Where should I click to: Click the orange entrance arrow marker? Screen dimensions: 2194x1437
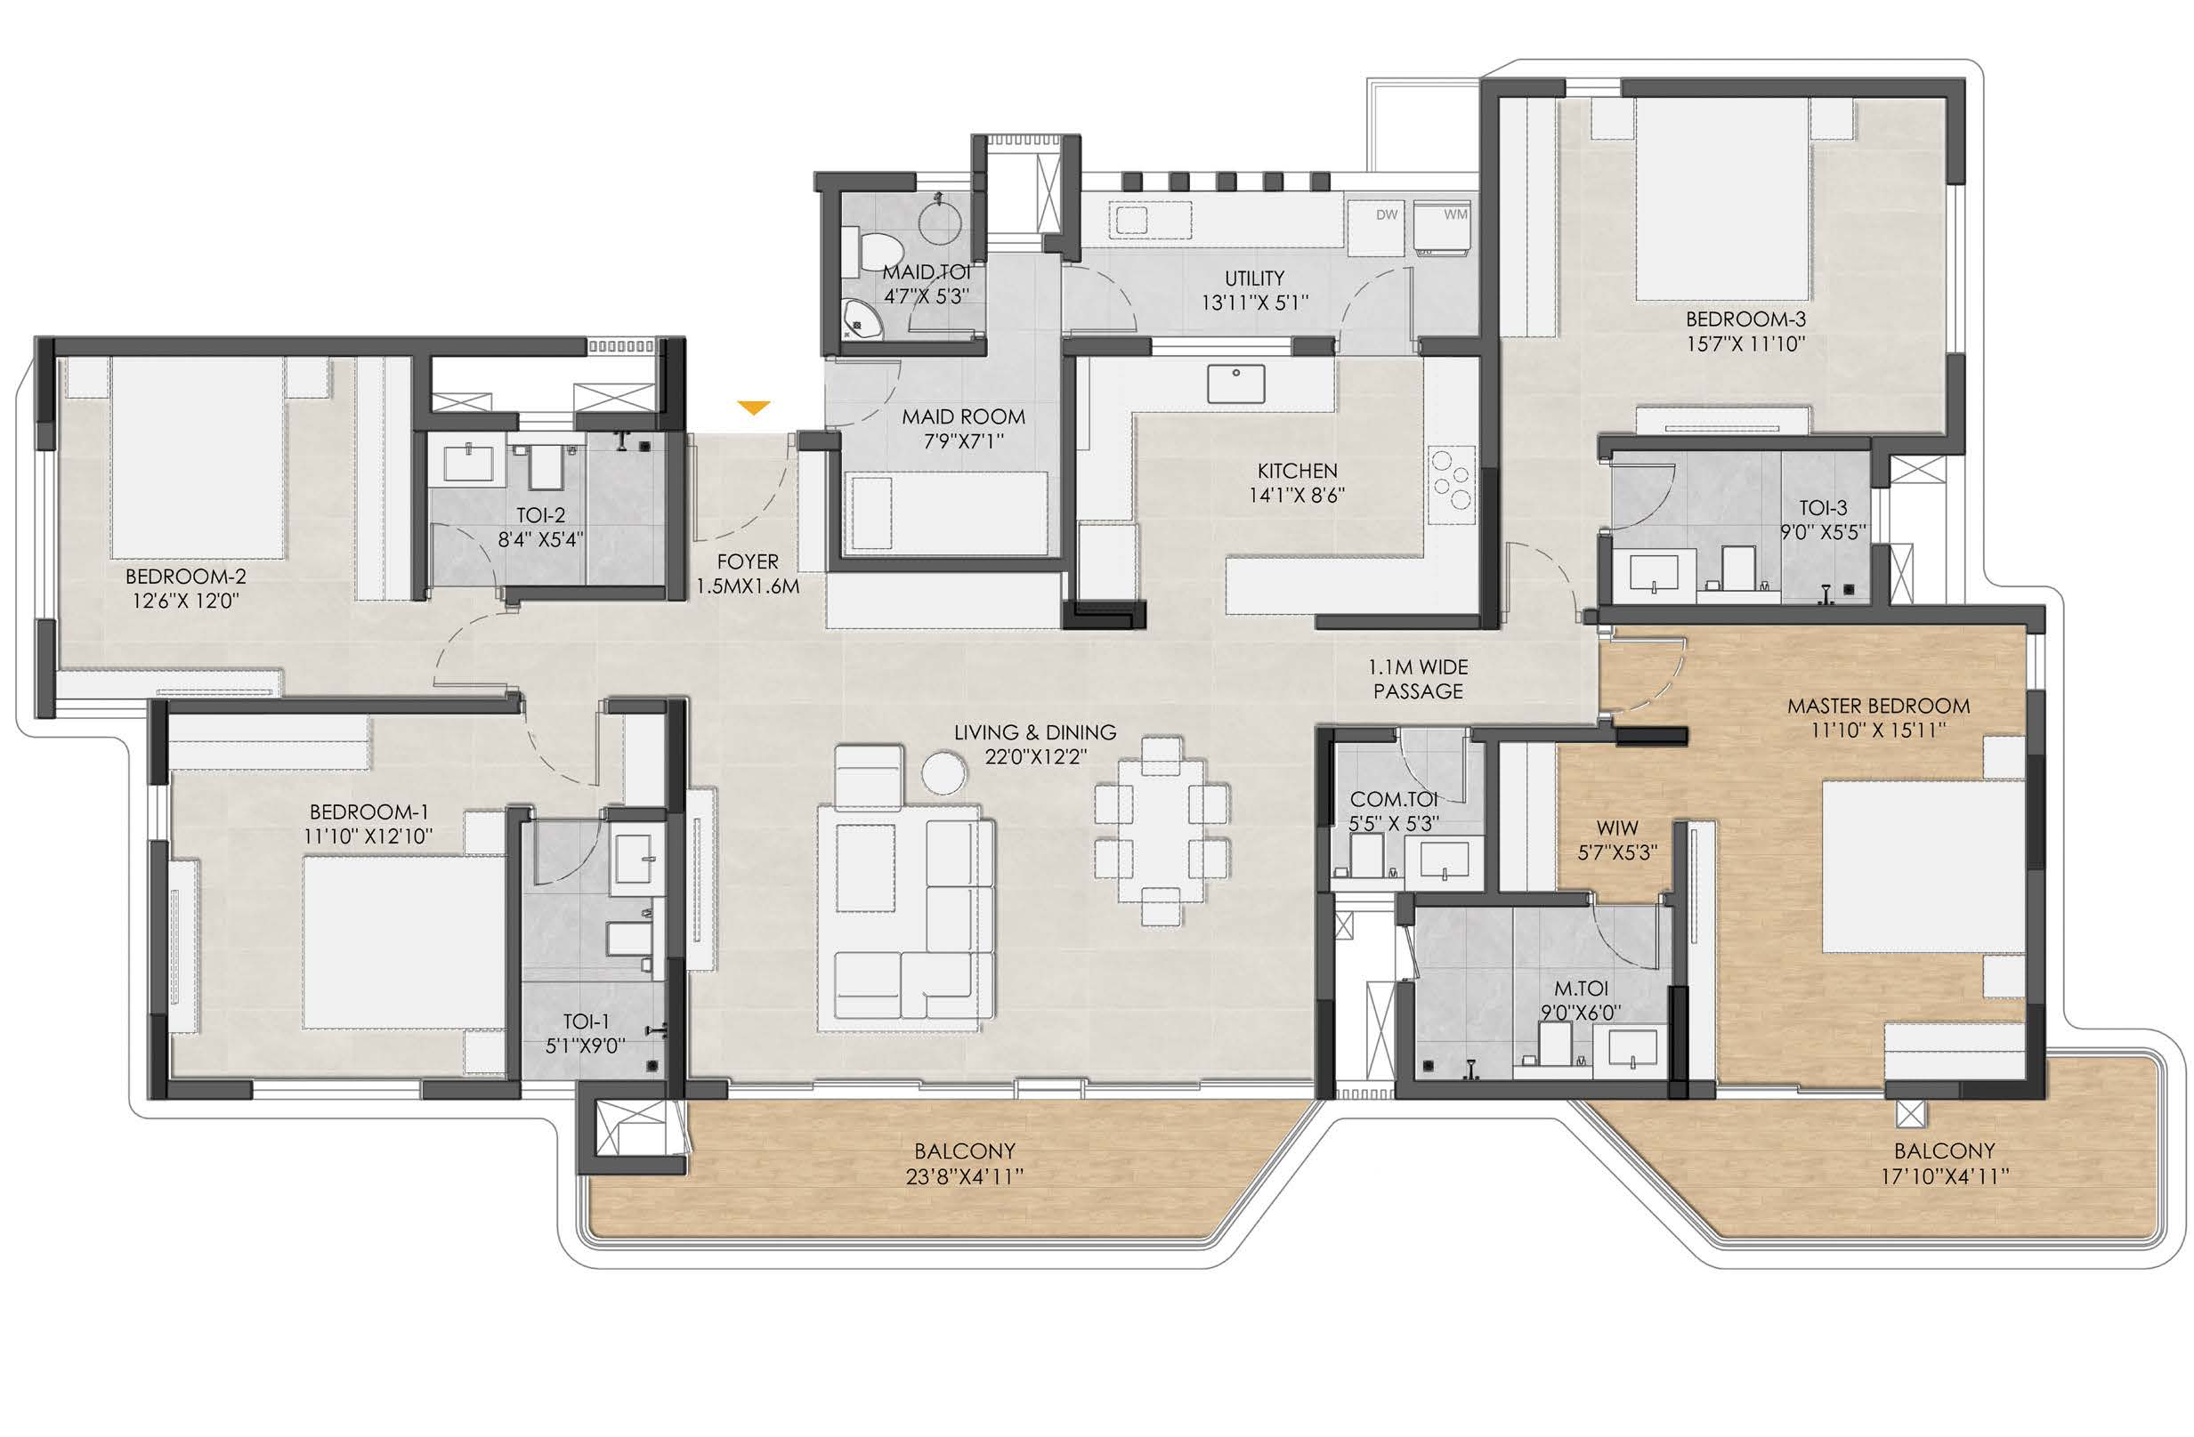(x=754, y=408)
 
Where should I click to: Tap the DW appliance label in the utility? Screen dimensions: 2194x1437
(x=1387, y=214)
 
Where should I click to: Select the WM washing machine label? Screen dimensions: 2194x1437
(x=1455, y=214)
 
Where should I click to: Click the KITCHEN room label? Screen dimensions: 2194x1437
(x=1297, y=471)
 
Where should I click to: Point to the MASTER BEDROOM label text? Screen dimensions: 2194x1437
(x=1879, y=706)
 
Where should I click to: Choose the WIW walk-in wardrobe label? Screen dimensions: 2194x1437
(x=1618, y=827)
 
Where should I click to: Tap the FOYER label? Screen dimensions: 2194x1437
(x=748, y=561)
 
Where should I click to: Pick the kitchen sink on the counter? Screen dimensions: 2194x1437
(x=1235, y=383)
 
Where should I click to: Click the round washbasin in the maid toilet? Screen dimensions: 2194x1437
(x=941, y=224)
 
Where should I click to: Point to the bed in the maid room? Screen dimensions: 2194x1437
(x=950, y=513)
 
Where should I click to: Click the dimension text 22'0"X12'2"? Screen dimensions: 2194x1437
(x=1035, y=756)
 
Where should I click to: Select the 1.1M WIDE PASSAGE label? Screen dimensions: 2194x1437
(x=1418, y=679)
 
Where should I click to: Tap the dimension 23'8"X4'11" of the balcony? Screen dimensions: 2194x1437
(x=965, y=1176)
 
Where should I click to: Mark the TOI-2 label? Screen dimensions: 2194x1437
(x=541, y=515)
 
